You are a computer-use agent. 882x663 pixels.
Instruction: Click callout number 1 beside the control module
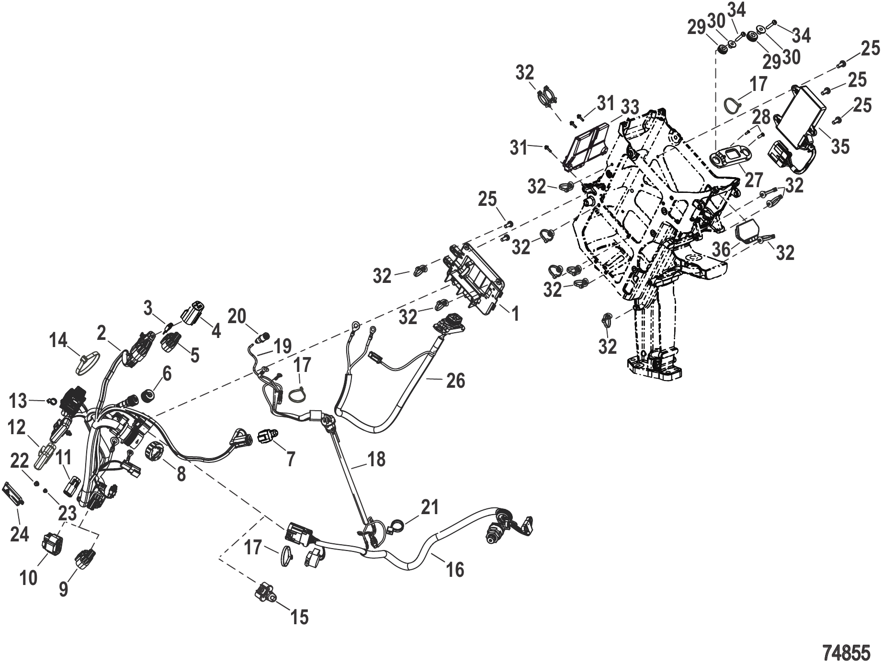click(x=515, y=314)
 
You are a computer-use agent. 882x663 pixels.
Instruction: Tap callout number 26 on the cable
click(x=455, y=381)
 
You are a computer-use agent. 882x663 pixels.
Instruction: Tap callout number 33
click(x=630, y=108)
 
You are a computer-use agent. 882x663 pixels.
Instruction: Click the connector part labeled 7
click(x=265, y=437)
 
